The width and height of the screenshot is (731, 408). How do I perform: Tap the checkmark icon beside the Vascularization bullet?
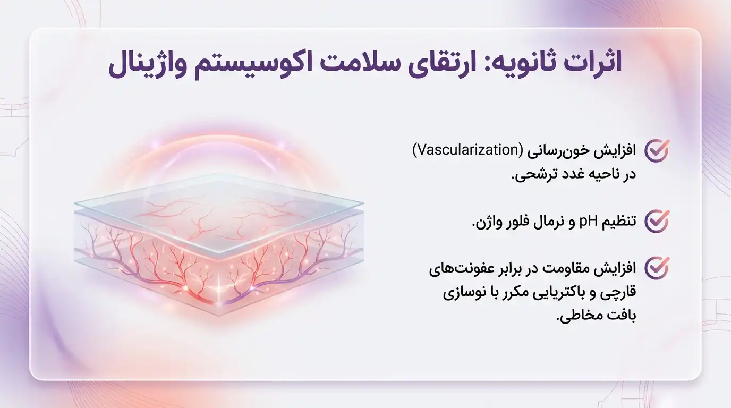click(657, 151)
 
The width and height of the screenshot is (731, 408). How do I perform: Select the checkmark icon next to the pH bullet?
click(657, 220)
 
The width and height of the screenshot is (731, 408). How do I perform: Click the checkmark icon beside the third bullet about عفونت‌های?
click(657, 268)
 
